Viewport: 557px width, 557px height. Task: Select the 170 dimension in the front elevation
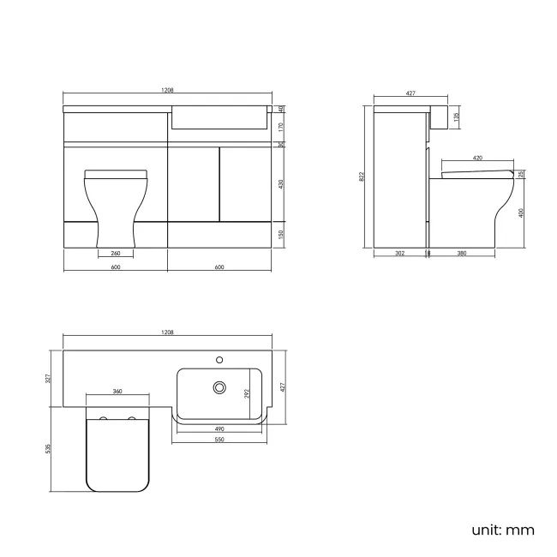click(x=281, y=125)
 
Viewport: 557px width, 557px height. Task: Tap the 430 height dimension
click(x=281, y=183)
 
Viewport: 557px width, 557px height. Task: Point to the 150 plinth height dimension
click(x=281, y=233)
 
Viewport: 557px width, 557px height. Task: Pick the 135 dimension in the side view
click(x=457, y=116)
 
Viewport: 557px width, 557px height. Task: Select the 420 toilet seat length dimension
click(x=476, y=159)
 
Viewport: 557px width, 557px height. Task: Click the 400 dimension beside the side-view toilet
click(x=522, y=213)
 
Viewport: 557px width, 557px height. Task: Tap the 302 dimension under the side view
click(x=400, y=254)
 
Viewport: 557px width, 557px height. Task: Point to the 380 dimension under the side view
click(x=461, y=254)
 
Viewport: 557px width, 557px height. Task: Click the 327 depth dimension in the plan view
click(x=51, y=378)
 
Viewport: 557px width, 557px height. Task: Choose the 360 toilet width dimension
click(x=117, y=392)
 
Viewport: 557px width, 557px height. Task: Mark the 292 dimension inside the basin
click(x=248, y=393)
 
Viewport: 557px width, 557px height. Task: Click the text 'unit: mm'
click(x=502, y=530)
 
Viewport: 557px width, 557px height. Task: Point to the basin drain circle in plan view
click(x=219, y=388)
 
